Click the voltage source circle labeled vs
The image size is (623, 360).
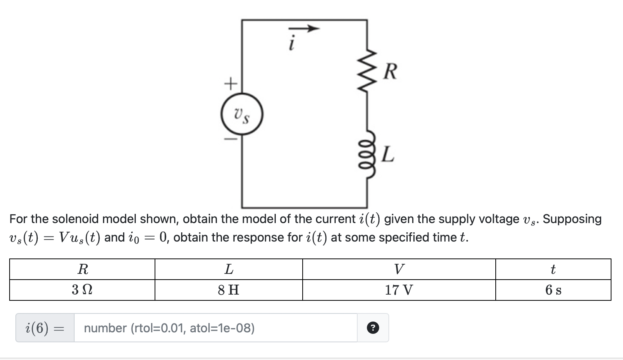[242, 114]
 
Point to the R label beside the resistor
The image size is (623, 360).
[390, 72]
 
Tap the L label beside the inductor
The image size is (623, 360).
[388, 155]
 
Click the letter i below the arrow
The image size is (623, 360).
[292, 43]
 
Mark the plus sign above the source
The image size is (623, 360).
[230, 83]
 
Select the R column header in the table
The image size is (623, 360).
[82, 269]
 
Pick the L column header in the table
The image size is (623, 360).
[228, 269]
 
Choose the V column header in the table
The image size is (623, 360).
[399, 269]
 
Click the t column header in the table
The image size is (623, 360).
[553, 269]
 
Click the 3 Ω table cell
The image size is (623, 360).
[82, 290]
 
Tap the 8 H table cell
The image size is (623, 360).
[228, 290]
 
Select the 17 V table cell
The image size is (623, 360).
[399, 290]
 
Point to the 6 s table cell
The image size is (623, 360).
[553, 290]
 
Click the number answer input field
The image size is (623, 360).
[215, 328]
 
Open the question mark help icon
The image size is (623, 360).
[373, 328]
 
